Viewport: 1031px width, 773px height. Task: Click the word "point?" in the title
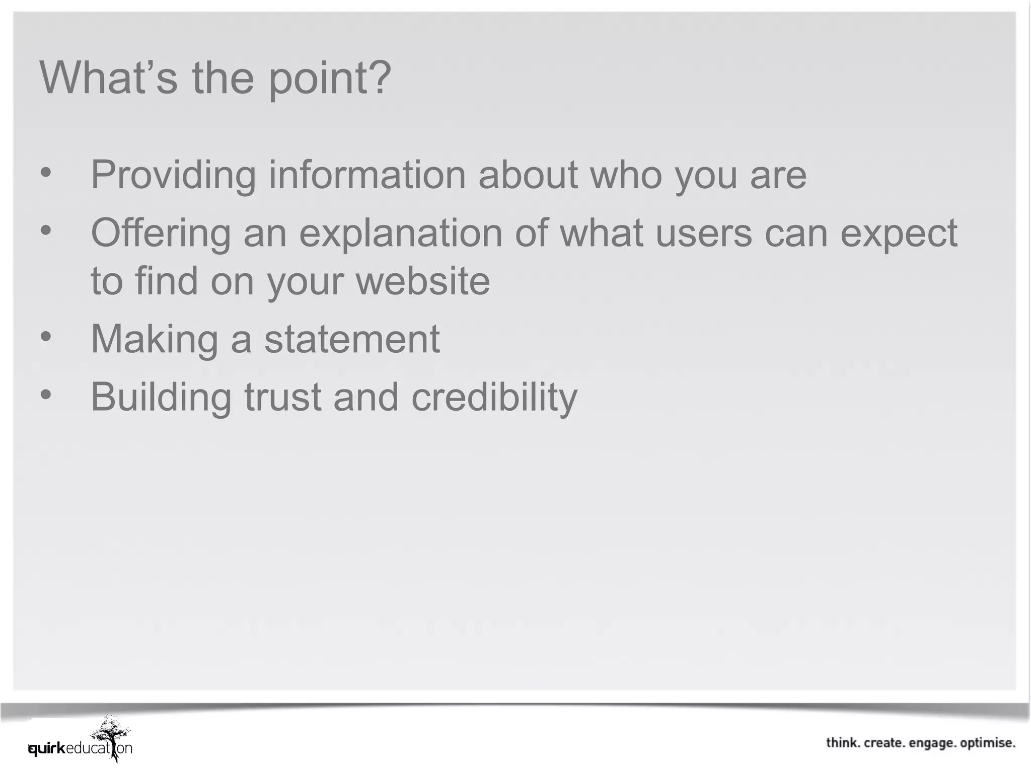[330, 79]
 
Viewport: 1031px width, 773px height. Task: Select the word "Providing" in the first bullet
[173, 175]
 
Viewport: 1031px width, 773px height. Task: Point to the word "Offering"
[161, 233]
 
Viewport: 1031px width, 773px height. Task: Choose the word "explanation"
[401, 234]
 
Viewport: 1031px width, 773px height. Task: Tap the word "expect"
[899, 234]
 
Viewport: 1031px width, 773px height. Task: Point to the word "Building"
[161, 398]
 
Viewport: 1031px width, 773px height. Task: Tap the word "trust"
[282, 398]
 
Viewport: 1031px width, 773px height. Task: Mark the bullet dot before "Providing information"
[46, 173]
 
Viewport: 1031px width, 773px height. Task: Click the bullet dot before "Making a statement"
[46, 337]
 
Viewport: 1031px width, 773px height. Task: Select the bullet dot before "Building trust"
[46, 395]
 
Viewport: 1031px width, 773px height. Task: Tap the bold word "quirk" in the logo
[47, 749]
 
